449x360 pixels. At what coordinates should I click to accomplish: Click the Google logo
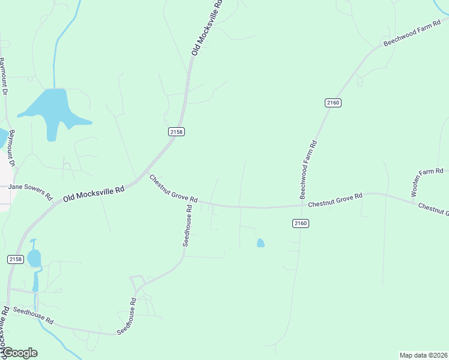20,353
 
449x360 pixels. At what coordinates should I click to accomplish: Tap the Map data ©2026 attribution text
423,355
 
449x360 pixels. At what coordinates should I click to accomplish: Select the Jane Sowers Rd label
30,191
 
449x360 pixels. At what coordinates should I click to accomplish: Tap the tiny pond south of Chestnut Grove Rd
260,243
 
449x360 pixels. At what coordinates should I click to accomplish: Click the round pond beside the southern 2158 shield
34,258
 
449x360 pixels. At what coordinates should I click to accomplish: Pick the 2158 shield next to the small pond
15,259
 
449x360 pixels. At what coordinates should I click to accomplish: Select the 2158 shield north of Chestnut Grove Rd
176,131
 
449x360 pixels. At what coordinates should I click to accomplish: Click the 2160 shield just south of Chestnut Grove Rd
301,223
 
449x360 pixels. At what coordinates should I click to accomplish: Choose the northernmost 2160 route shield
333,103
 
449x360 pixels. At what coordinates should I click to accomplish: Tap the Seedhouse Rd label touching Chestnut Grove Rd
187,226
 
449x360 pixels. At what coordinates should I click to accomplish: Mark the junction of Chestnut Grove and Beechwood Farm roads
303,205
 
